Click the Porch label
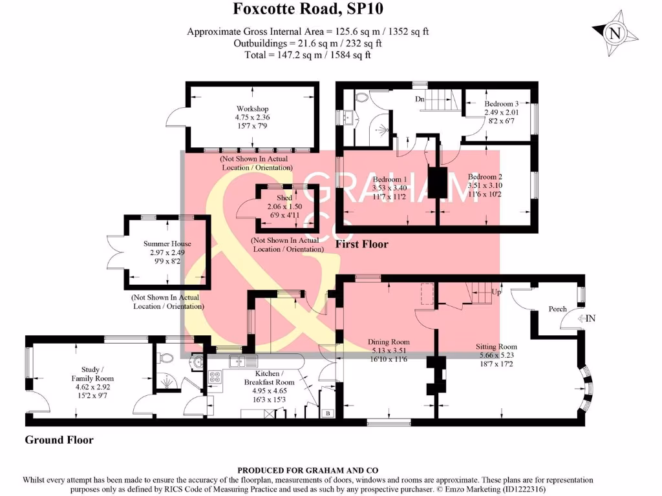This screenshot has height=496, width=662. pyautogui.click(x=557, y=309)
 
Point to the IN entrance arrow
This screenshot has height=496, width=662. pyautogui.click(x=588, y=318)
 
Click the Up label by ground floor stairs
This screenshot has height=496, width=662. pyautogui.click(x=496, y=293)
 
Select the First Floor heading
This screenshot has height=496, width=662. pyautogui.click(x=362, y=244)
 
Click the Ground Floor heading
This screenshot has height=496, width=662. pyautogui.click(x=59, y=440)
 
